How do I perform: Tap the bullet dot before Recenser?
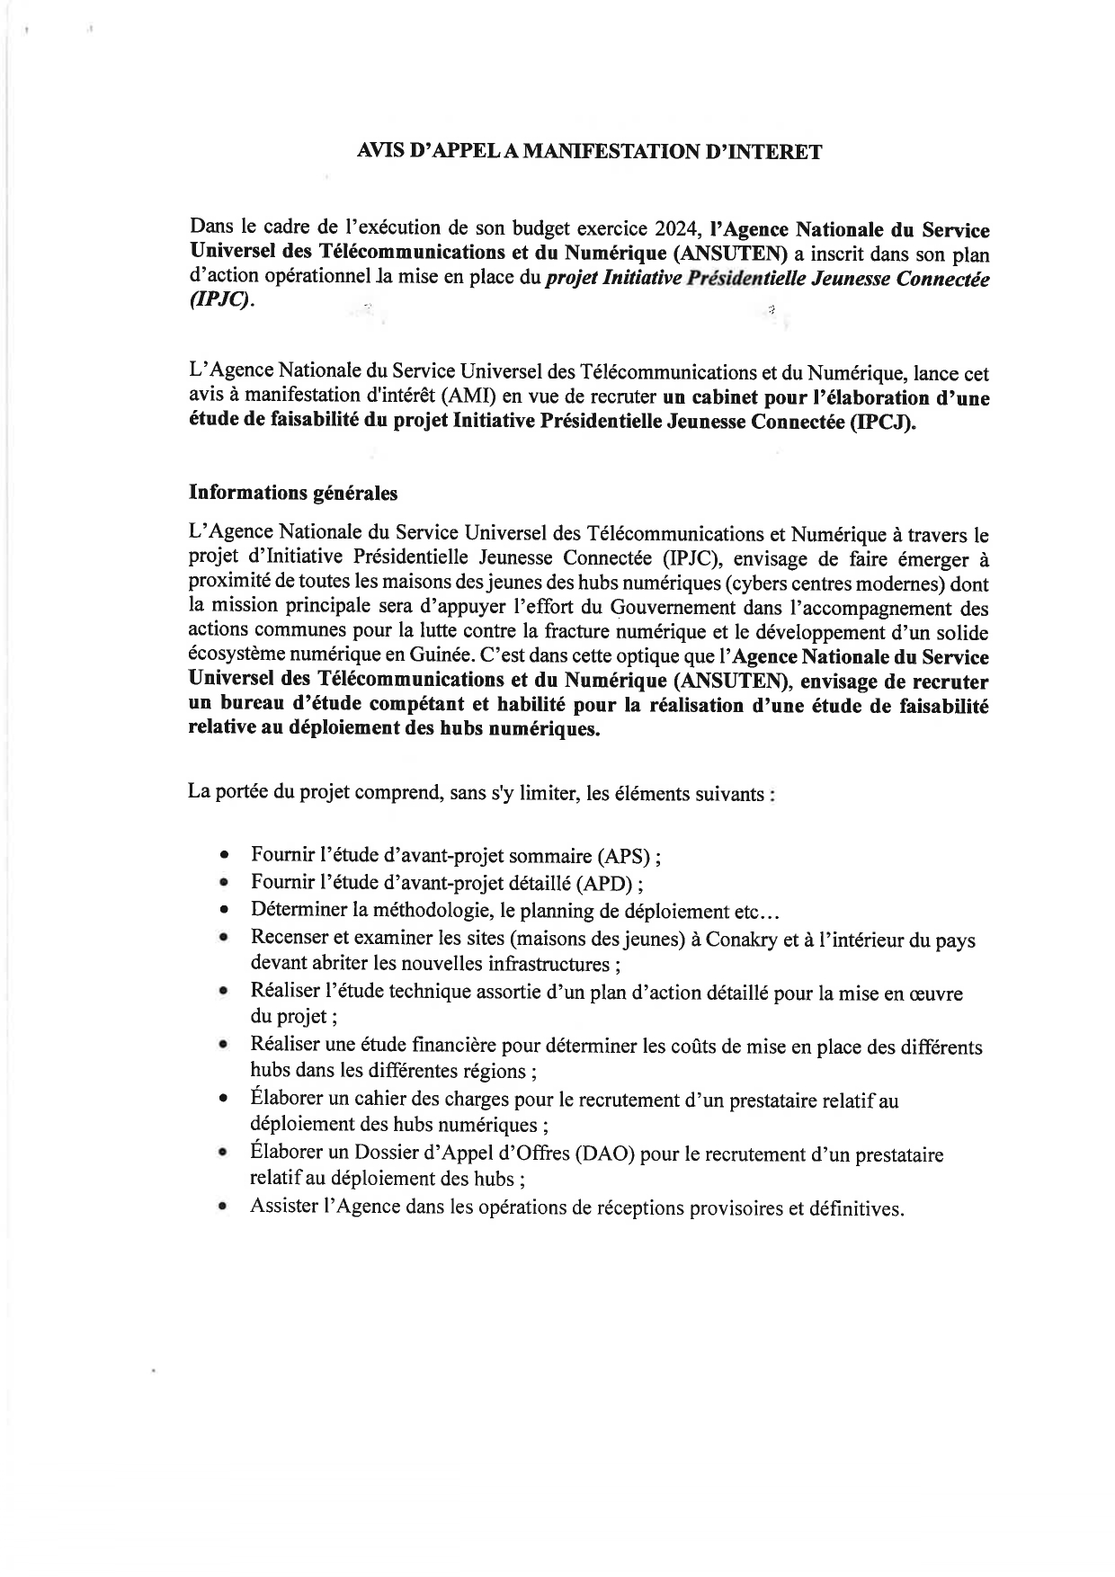(x=223, y=938)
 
